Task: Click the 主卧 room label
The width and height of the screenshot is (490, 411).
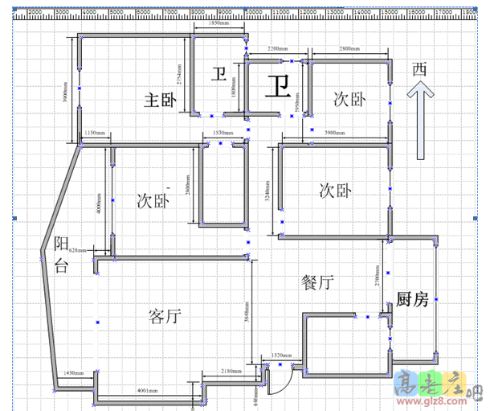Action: (159, 100)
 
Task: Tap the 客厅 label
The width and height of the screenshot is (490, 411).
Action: (165, 315)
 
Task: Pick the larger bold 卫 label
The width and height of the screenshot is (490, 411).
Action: (279, 84)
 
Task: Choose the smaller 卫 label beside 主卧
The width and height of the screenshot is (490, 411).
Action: (218, 75)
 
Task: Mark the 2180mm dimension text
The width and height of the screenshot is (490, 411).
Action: (231, 371)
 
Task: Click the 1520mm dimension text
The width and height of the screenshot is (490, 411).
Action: (281, 355)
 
